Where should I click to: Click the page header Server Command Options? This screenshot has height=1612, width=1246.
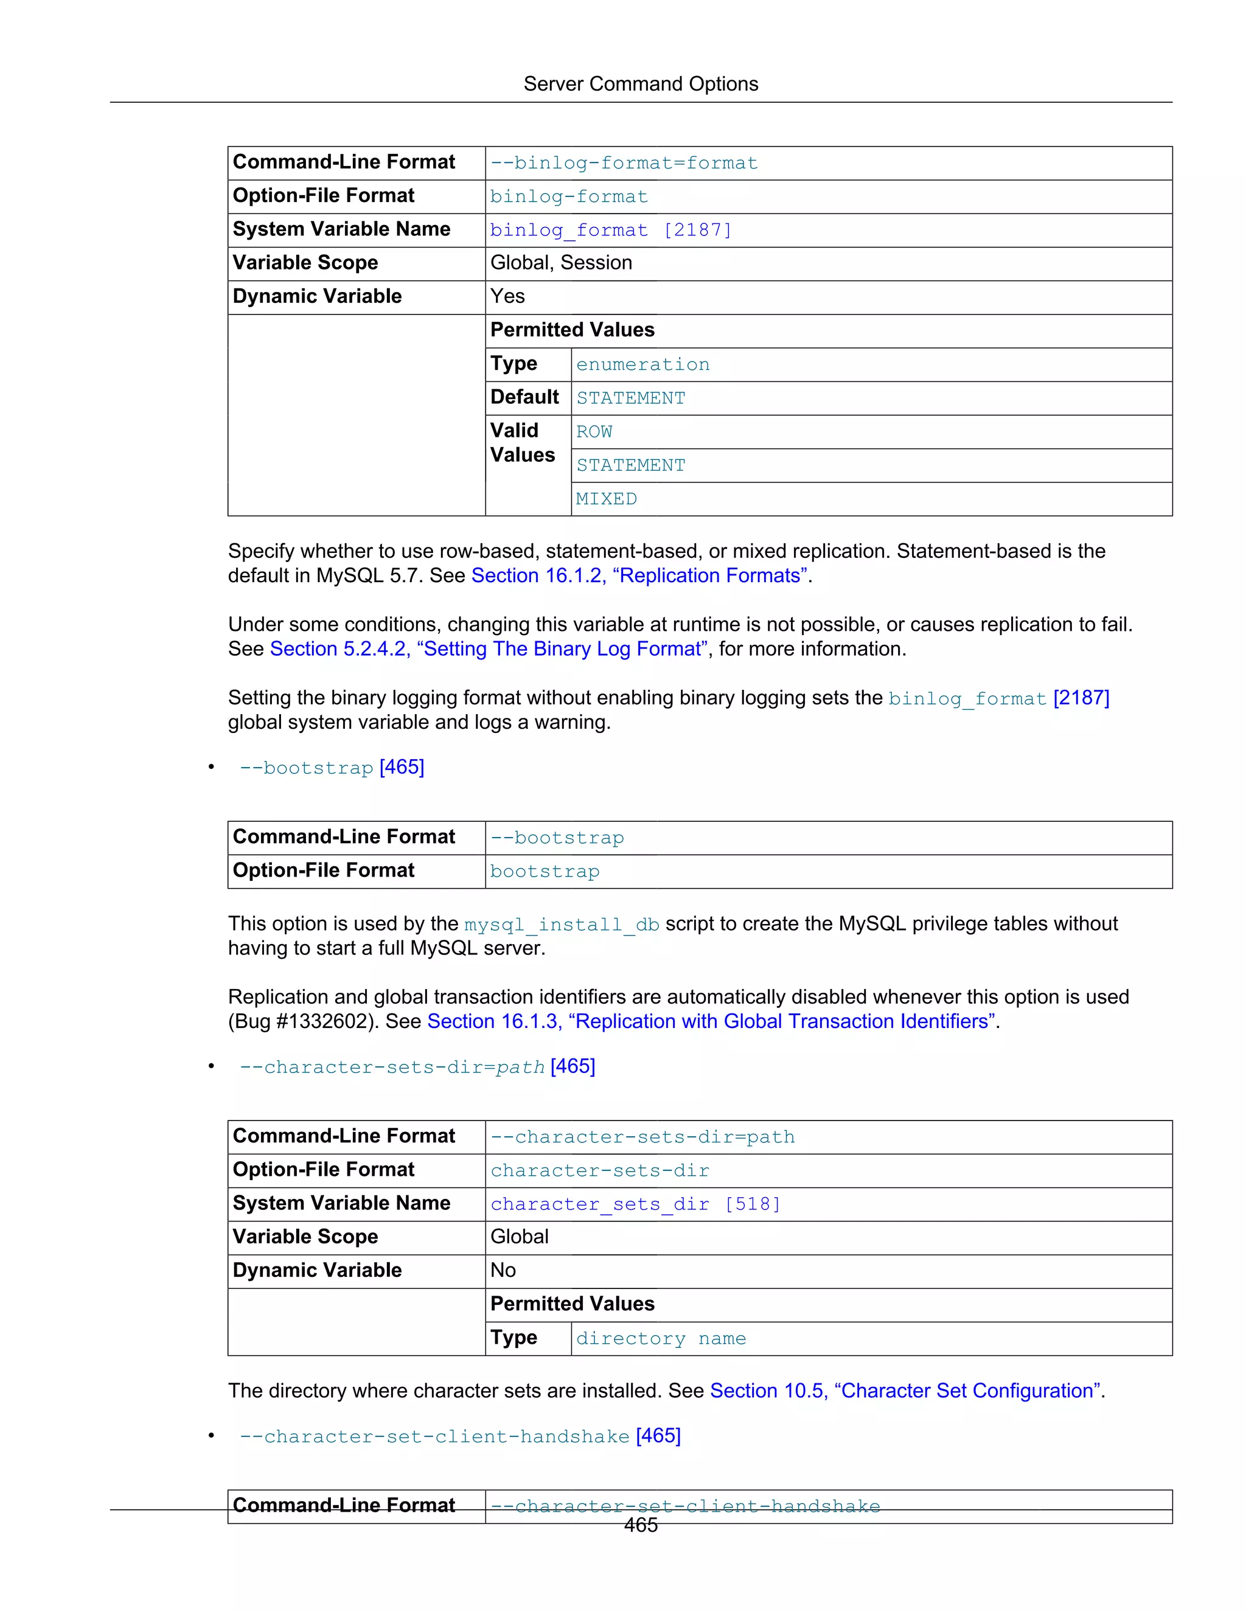point(640,84)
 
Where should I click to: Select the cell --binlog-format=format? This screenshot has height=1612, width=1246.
point(624,163)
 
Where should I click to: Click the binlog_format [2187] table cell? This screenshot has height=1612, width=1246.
point(610,231)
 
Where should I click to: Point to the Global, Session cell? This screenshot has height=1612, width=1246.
point(561,263)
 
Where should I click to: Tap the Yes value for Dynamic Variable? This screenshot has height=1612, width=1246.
point(508,297)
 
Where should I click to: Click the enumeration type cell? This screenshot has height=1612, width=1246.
point(642,364)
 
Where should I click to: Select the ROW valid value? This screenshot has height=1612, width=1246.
point(594,432)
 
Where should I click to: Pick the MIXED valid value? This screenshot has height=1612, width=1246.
point(606,499)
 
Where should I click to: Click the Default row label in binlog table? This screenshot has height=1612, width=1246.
point(524,398)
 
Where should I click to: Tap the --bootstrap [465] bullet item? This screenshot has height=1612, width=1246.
point(332,768)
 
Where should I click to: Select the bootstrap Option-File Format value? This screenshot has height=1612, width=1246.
point(545,872)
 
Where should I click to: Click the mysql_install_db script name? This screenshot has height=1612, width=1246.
point(561,925)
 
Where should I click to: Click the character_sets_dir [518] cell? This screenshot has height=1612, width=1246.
point(635,1204)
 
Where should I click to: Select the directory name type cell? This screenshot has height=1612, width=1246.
point(661,1339)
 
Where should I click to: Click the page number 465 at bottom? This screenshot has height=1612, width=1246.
point(640,1526)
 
